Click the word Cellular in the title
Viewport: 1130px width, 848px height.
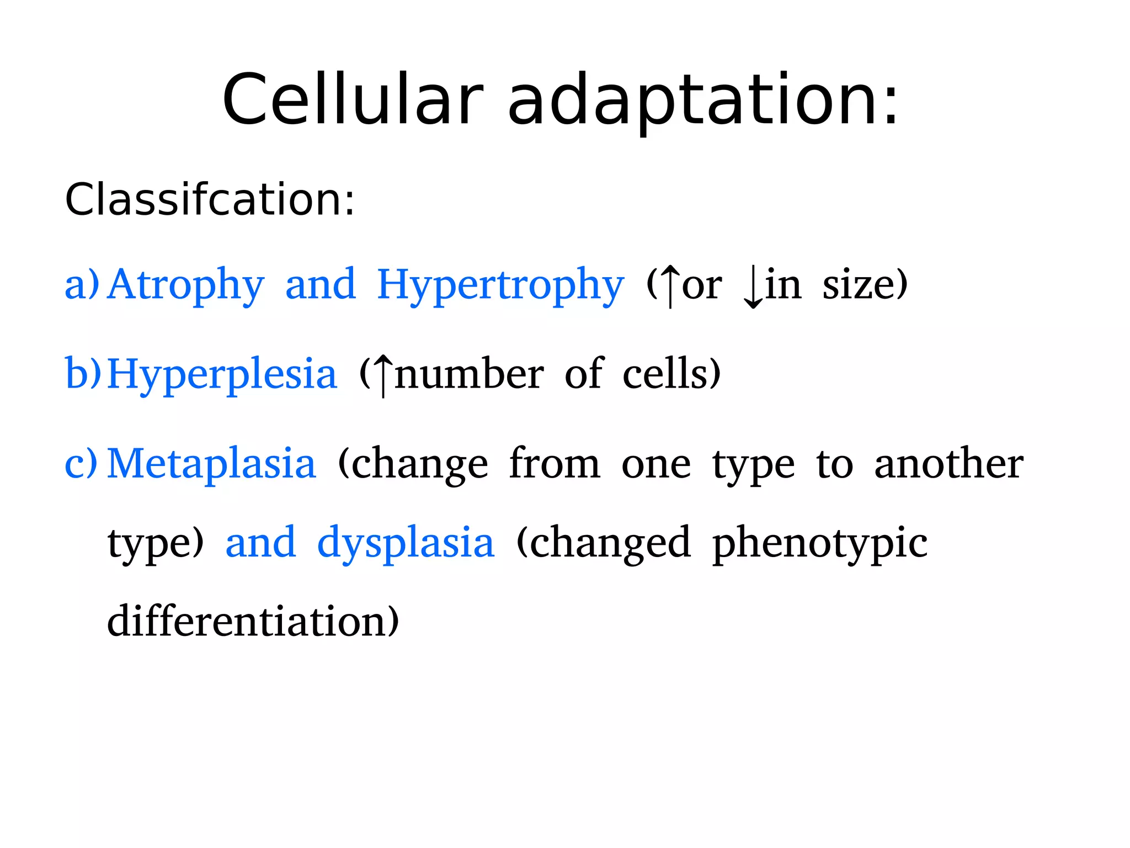[353, 100]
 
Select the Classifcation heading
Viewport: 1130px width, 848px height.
[210, 199]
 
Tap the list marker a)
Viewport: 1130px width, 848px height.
[82, 285]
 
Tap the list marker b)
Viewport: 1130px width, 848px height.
[83, 374]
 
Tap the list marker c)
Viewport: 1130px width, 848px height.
[81, 463]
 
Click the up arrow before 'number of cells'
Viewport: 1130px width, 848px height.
[383, 375]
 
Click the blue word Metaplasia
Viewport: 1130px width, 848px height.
[211, 464]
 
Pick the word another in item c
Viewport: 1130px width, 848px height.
[948, 464]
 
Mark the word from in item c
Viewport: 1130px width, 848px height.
[554, 464]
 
